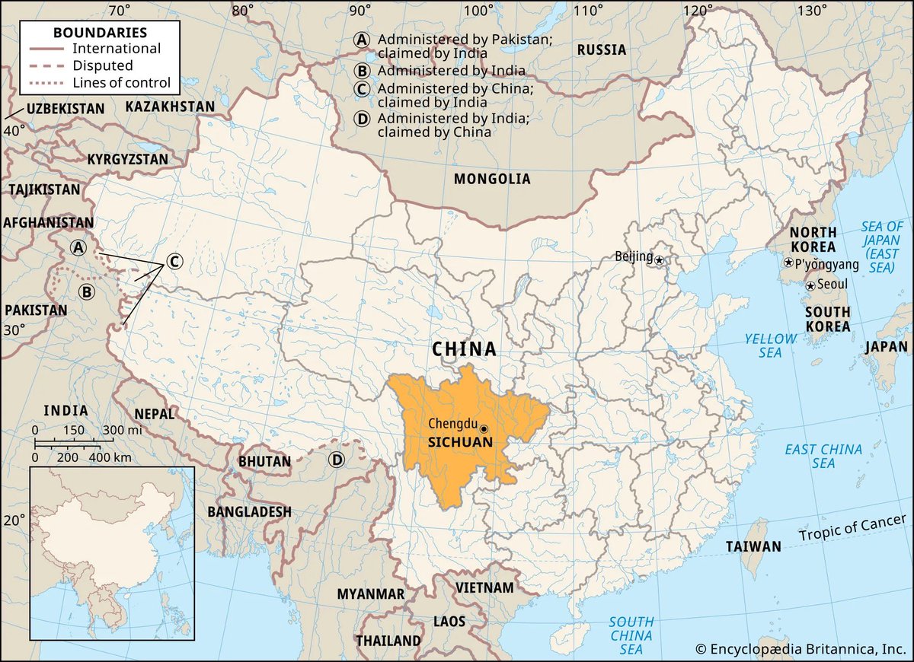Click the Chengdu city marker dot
pyautogui.click(x=484, y=429)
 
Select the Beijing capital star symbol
pyautogui.click(x=660, y=260)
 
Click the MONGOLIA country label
pyautogui.click(x=491, y=180)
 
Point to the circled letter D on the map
pyautogui.click(x=336, y=460)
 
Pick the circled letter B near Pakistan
pyautogui.click(x=87, y=291)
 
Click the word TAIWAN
pyautogui.click(x=753, y=546)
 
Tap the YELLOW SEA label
pyautogui.click(x=770, y=345)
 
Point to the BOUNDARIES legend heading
pyautogui.click(x=100, y=33)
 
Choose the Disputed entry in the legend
pyautogui.click(x=103, y=65)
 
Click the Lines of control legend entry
pyautogui.click(x=122, y=83)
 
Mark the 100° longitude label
pyautogui.click(x=478, y=11)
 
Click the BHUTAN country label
pyautogui.click(x=264, y=461)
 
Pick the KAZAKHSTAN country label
pyautogui.click(x=170, y=107)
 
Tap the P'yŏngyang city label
pyautogui.click(x=826, y=265)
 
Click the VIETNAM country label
pyautogui.click(x=484, y=587)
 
